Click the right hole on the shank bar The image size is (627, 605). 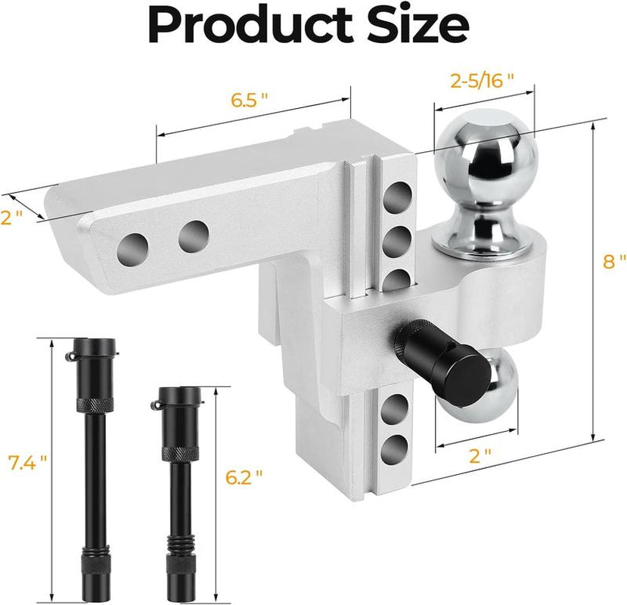(194, 236)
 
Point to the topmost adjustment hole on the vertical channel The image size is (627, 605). (395, 200)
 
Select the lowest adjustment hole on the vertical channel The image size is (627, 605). (393, 449)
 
